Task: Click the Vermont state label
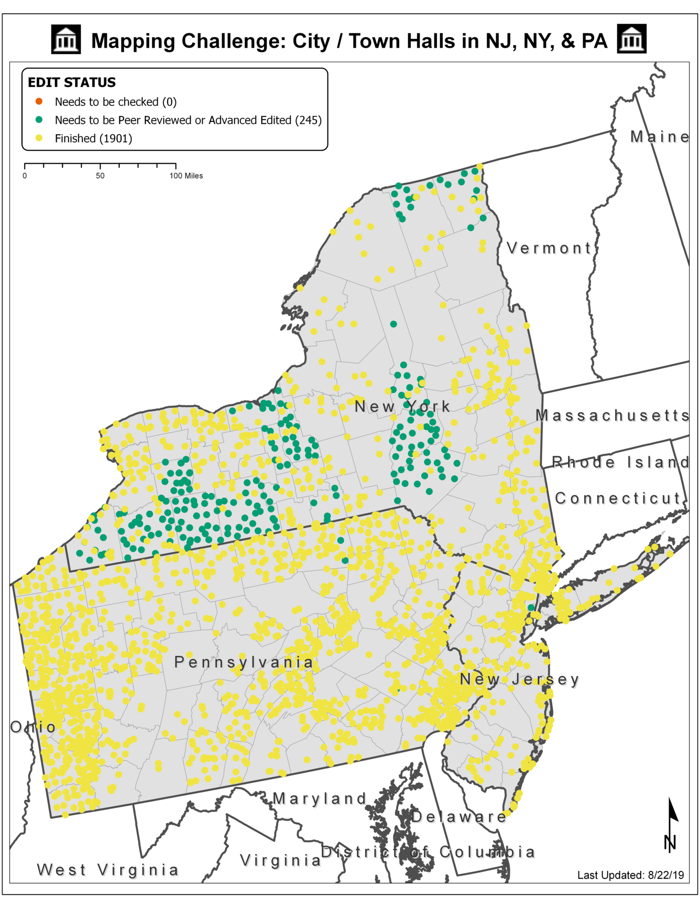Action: [x=549, y=248]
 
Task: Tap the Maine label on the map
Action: [x=659, y=137]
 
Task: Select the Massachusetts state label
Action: [x=612, y=416]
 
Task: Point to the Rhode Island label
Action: [x=620, y=462]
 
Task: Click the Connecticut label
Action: [x=618, y=498]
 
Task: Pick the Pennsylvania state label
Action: [x=244, y=662]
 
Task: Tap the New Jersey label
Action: [x=519, y=680]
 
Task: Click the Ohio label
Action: [x=32, y=727]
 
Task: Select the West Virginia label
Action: [x=107, y=870]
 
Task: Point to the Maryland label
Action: [x=320, y=799]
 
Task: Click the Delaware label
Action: [x=458, y=817]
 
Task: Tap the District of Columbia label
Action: [x=428, y=852]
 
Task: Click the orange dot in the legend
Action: [x=39, y=101]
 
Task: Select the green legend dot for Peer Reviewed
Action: [x=39, y=120]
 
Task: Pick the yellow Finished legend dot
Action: [x=39, y=138]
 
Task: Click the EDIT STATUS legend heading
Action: [x=72, y=82]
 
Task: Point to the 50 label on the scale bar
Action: [x=100, y=176]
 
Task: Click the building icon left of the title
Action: [x=66, y=39]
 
